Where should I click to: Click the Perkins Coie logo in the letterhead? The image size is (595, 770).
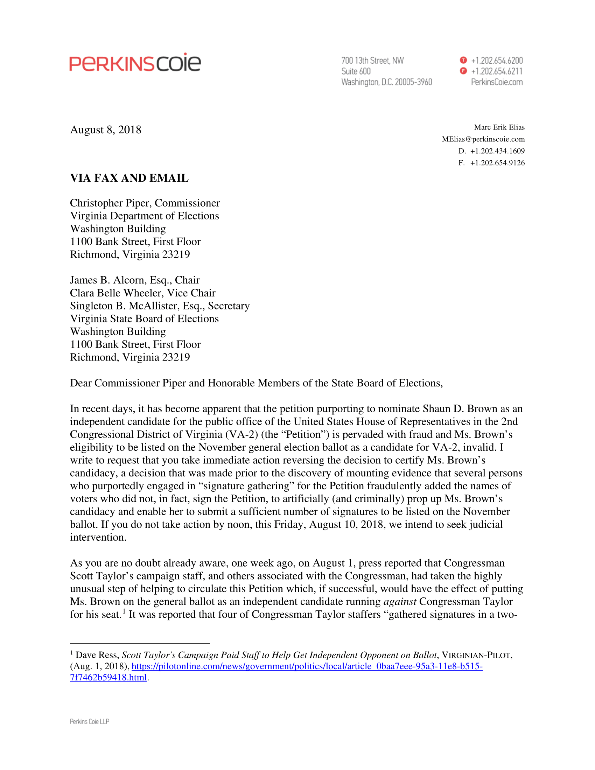135,63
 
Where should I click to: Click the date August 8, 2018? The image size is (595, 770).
106,130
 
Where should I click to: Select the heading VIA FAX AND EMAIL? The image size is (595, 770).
129,178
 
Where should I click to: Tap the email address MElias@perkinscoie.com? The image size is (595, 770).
483,139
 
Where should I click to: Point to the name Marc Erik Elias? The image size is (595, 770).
499,127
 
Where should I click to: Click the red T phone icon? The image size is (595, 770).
463,60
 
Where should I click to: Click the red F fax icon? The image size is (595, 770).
463,71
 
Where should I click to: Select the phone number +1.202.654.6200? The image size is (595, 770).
497,60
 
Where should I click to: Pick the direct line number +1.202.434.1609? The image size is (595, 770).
497,151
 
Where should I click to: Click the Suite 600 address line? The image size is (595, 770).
356,71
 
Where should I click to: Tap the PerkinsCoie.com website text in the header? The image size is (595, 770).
497,82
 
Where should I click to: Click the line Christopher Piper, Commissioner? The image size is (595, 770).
145,203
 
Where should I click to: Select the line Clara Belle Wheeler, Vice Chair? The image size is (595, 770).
143,293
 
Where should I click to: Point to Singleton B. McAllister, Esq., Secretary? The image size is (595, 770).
160,306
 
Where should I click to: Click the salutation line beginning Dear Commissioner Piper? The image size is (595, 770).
256,383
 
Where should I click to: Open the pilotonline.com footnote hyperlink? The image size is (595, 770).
307,666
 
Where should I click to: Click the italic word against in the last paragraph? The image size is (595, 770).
400,601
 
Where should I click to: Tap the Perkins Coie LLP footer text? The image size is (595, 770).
90,721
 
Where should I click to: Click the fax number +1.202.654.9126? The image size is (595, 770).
497,163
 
